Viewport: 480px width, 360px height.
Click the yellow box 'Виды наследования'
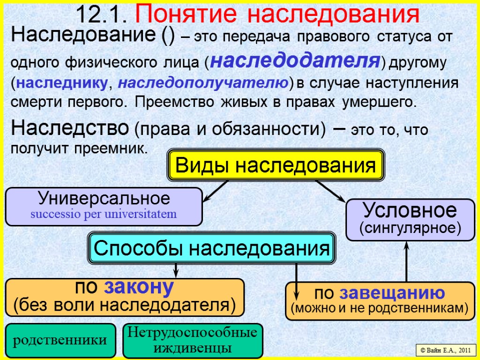pyautogui.click(x=276, y=165)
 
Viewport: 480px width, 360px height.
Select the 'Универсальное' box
pyautogui.click(x=104, y=206)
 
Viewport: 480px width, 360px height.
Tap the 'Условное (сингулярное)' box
pyautogui.click(x=410, y=219)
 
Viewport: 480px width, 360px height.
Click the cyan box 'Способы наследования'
pyautogui.click(x=211, y=248)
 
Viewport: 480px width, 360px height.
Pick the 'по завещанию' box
pyautogui.click(x=380, y=300)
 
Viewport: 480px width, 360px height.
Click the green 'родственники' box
pyautogui.click(x=60, y=340)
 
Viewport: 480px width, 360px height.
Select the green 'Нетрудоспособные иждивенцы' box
pyautogui.click(x=193, y=340)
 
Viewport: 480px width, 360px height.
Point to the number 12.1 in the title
pyautogui.click(x=102, y=15)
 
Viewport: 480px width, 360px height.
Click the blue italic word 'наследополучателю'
pyautogui.click(x=202, y=83)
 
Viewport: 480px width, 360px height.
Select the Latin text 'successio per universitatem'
pyautogui.click(x=104, y=215)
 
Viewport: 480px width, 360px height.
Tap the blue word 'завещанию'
pyautogui.click(x=392, y=293)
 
